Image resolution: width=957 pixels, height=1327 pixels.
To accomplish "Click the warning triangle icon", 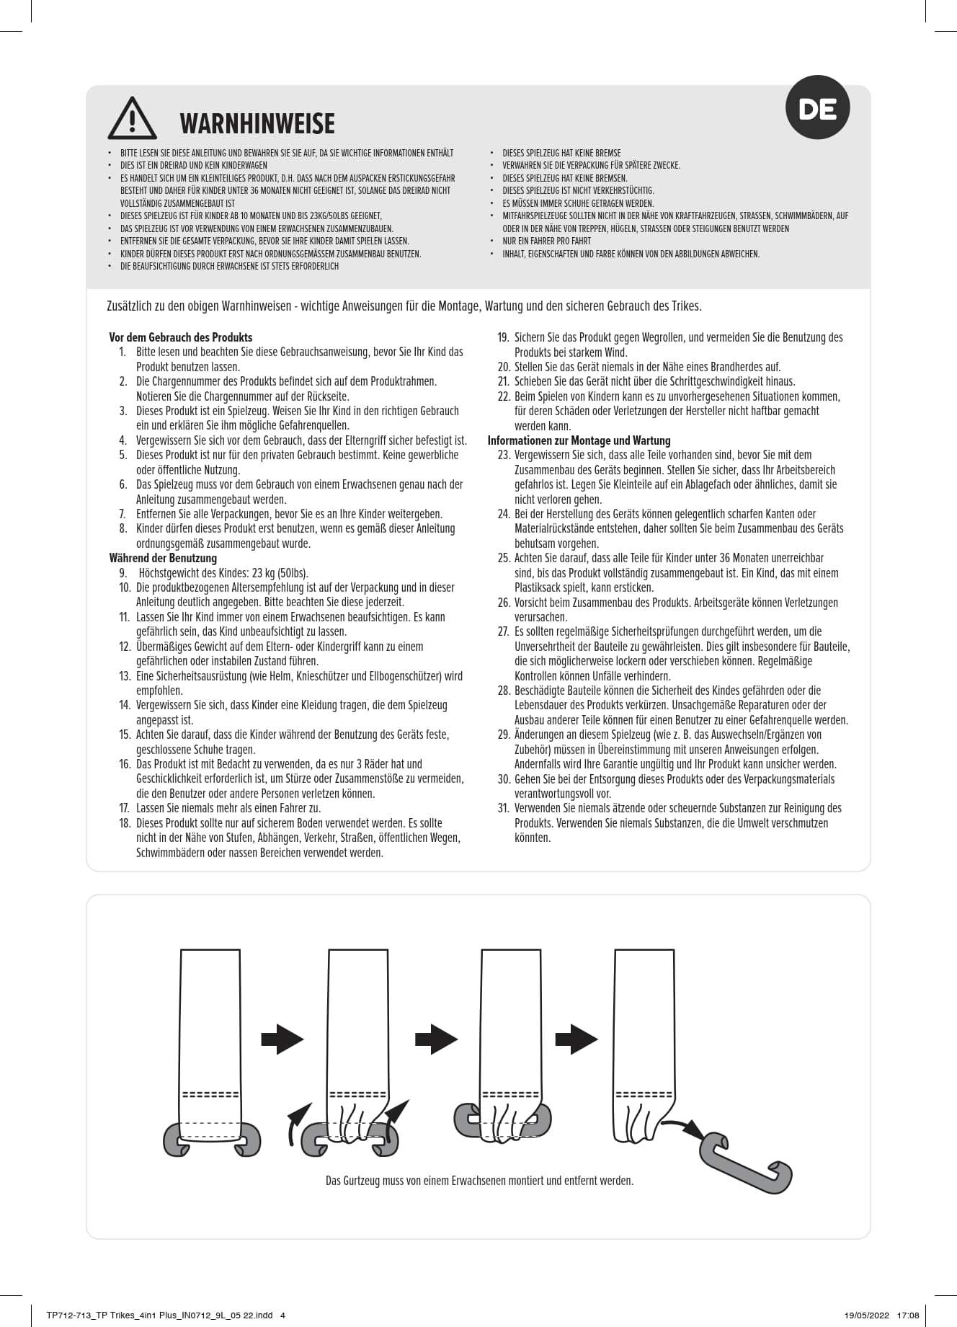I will point(132,119).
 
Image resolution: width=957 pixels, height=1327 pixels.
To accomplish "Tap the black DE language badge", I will point(817,108).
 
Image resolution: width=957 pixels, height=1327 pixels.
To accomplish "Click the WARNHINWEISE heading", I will point(257,124).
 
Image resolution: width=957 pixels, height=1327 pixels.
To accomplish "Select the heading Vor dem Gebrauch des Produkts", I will point(181,337).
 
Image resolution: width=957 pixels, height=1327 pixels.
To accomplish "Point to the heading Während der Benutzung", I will point(163,558).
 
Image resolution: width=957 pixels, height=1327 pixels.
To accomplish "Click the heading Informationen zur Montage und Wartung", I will point(579,440).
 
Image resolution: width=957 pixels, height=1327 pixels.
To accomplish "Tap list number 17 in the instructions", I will point(125,808).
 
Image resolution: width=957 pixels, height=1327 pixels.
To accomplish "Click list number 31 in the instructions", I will point(504,808).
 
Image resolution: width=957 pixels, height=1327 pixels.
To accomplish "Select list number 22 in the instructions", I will point(504,396).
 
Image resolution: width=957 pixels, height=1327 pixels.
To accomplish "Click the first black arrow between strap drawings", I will point(282,1039).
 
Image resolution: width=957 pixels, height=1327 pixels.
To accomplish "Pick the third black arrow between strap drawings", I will point(577,1039).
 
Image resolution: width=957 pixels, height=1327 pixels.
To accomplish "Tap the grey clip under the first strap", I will point(212,1139).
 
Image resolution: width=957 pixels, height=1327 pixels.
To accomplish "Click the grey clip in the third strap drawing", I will point(502,1122).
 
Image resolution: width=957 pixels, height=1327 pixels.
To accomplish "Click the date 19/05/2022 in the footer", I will point(868,1315).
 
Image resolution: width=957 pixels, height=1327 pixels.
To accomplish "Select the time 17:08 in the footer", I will point(908,1315).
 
